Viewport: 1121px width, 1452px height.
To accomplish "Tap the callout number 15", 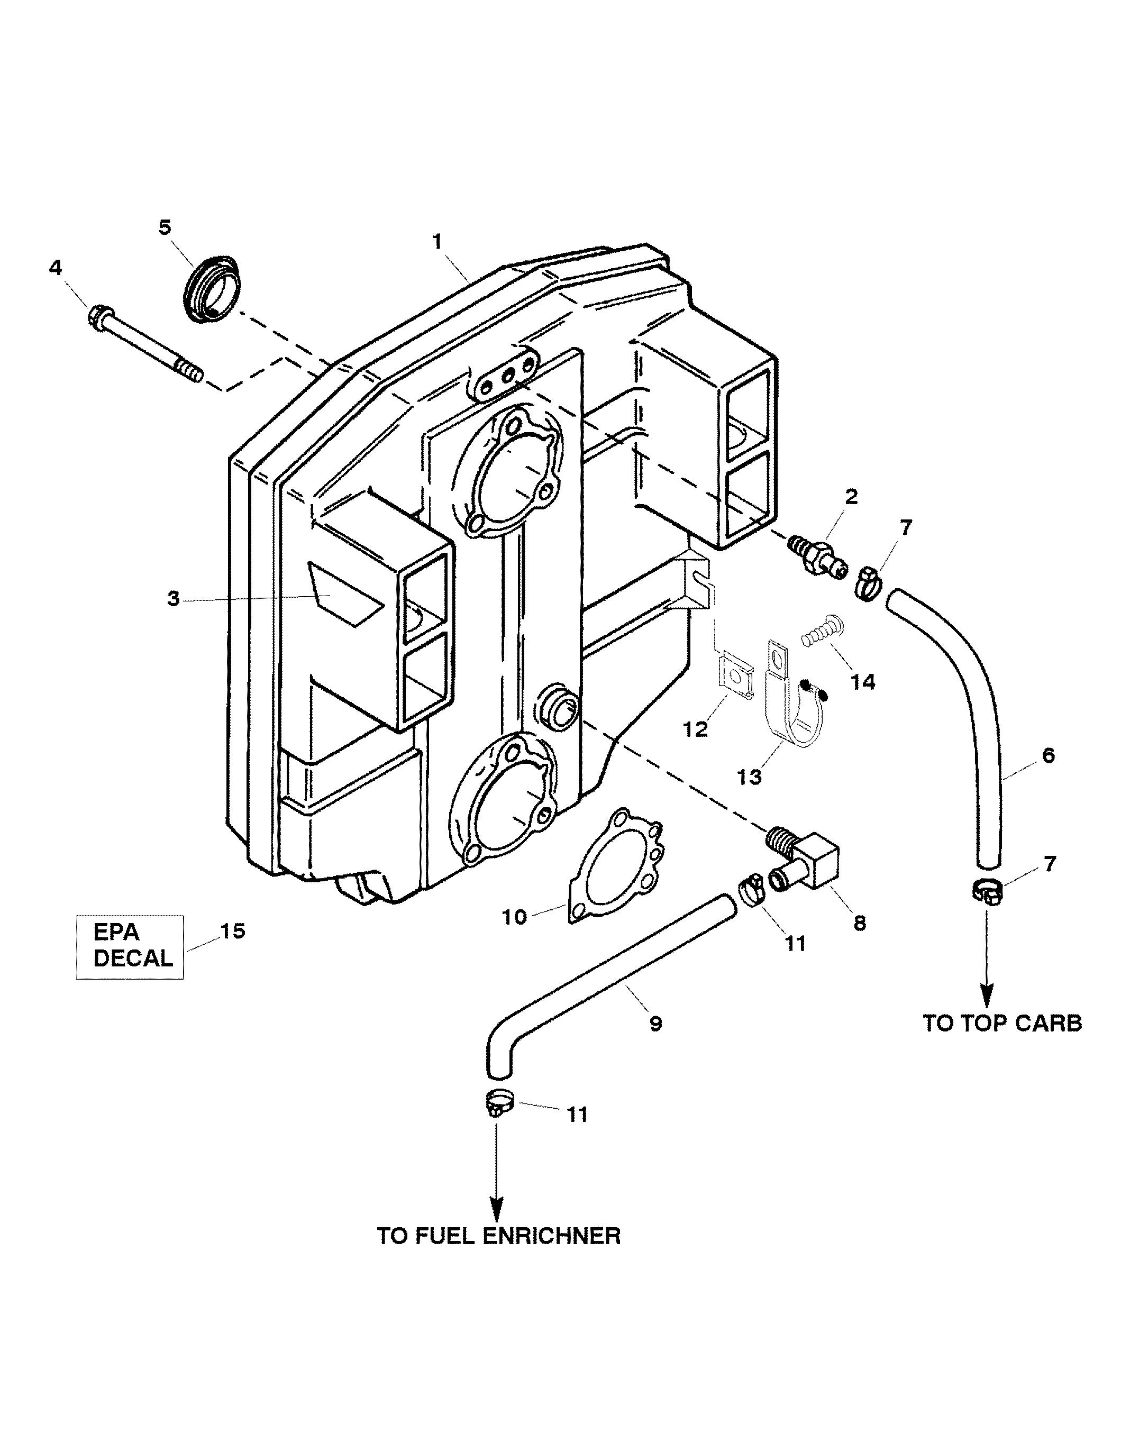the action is (232, 931).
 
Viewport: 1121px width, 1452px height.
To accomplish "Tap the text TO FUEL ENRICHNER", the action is (499, 1236).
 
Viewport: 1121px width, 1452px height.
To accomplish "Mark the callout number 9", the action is (655, 1024).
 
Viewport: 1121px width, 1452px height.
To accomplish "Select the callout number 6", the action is (1049, 756).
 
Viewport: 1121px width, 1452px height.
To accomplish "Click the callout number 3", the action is (174, 599).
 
